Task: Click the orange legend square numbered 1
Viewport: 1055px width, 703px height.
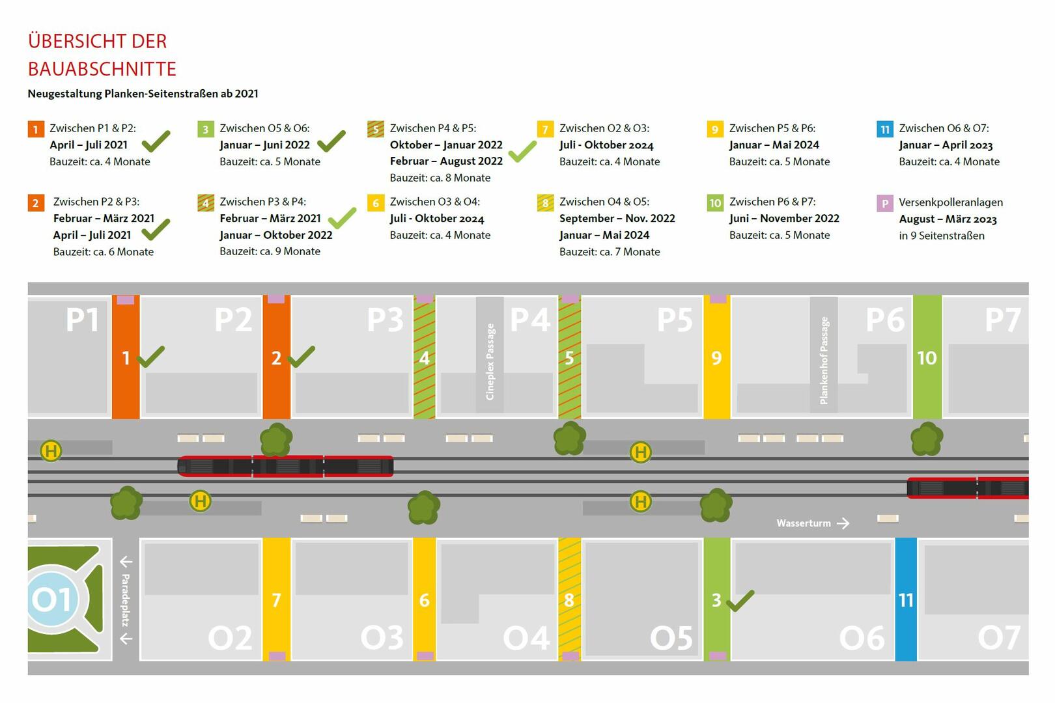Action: pos(35,129)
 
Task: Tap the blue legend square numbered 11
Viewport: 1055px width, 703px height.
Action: pos(884,129)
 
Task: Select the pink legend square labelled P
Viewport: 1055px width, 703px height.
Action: pos(884,203)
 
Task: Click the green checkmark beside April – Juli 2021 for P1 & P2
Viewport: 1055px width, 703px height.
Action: pos(156,141)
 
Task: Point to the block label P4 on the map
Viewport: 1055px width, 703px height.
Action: pos(529,320)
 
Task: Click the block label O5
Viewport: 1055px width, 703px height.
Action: pos(671,638)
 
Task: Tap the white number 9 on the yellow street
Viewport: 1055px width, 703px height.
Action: pos(716,357)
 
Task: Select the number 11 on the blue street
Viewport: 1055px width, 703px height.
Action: pos(906,600)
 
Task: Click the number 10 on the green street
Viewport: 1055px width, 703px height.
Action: pos(927,357)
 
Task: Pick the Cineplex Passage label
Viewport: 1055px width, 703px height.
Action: pos(490,361)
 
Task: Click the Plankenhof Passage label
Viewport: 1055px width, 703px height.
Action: pos(824,360)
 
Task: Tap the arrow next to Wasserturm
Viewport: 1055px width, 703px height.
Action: pos(843,523)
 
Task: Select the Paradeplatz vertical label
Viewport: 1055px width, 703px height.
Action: pos(126,600)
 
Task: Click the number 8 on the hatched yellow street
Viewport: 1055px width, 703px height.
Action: pos(569,600)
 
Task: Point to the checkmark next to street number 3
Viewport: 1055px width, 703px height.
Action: pos(740,601)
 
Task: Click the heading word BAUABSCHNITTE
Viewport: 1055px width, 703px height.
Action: pos(102,69)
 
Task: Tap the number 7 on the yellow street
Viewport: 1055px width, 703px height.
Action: pos(276,600)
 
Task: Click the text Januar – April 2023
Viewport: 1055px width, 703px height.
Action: pos(946,145)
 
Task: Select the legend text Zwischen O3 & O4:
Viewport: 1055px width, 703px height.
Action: pos(434,202)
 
